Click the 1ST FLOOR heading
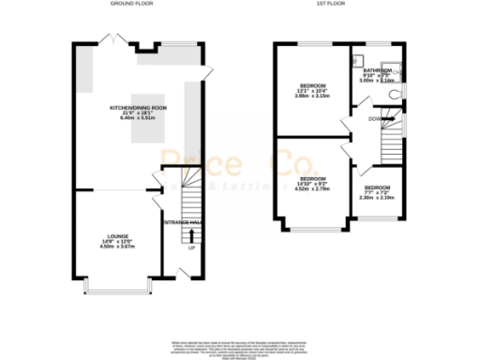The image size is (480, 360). point(339,4)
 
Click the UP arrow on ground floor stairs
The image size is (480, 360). point(193,235)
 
